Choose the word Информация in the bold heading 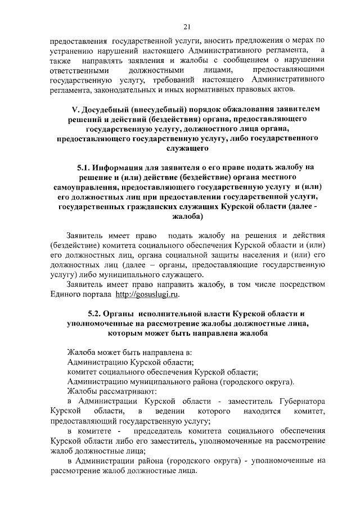[x=125, y=167]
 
